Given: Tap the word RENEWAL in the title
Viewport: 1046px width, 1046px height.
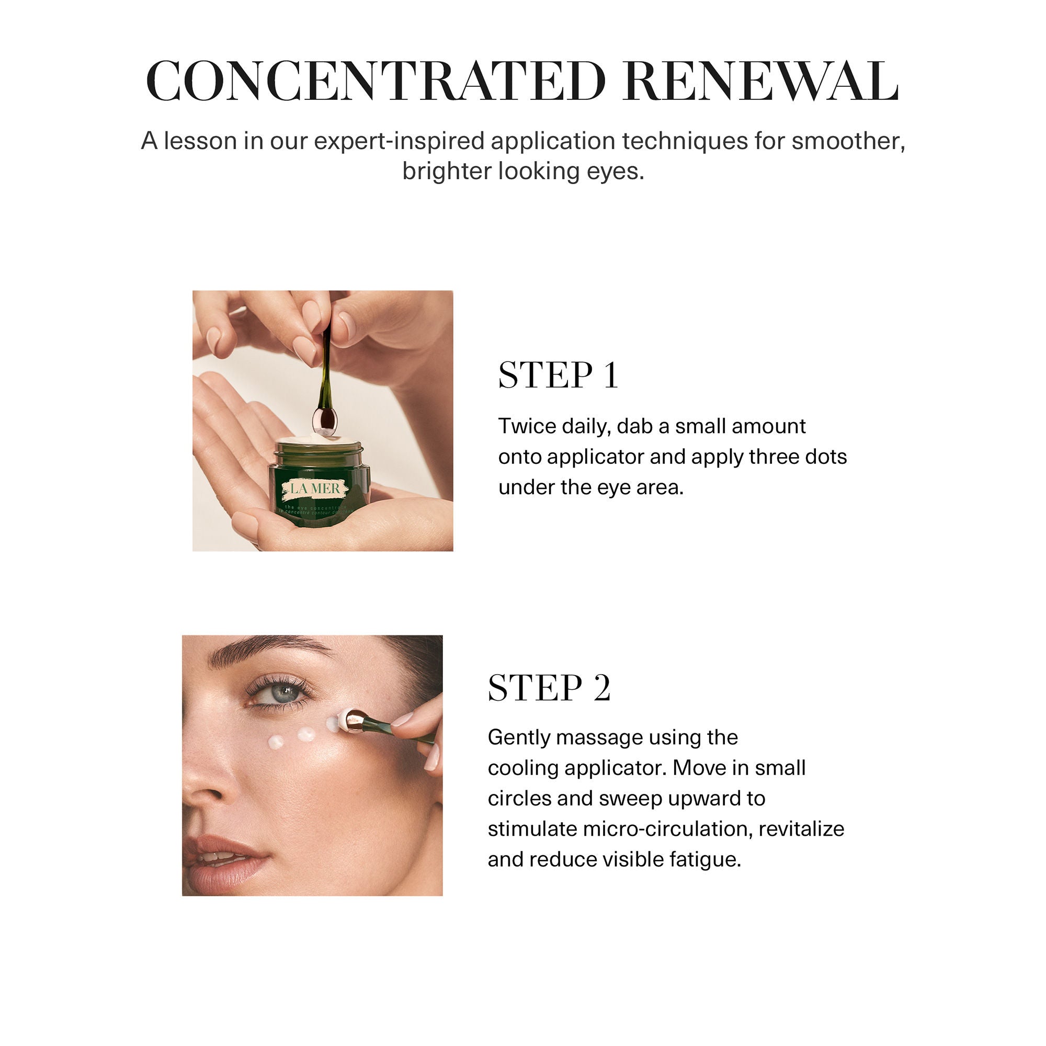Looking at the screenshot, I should [x=760, y=81].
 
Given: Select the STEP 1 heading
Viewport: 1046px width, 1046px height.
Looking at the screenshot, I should [x=558, y=375].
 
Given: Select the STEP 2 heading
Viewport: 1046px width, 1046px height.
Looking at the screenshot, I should [x=549, y=688].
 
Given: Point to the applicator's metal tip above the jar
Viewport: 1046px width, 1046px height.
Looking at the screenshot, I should [x=325, y=422].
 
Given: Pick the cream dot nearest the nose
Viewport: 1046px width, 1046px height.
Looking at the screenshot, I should [x=277, y=742].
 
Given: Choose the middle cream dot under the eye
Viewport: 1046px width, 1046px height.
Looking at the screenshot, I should [x=306, y=734].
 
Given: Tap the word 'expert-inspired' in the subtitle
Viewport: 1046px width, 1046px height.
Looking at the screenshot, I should [x=399, y=141].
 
